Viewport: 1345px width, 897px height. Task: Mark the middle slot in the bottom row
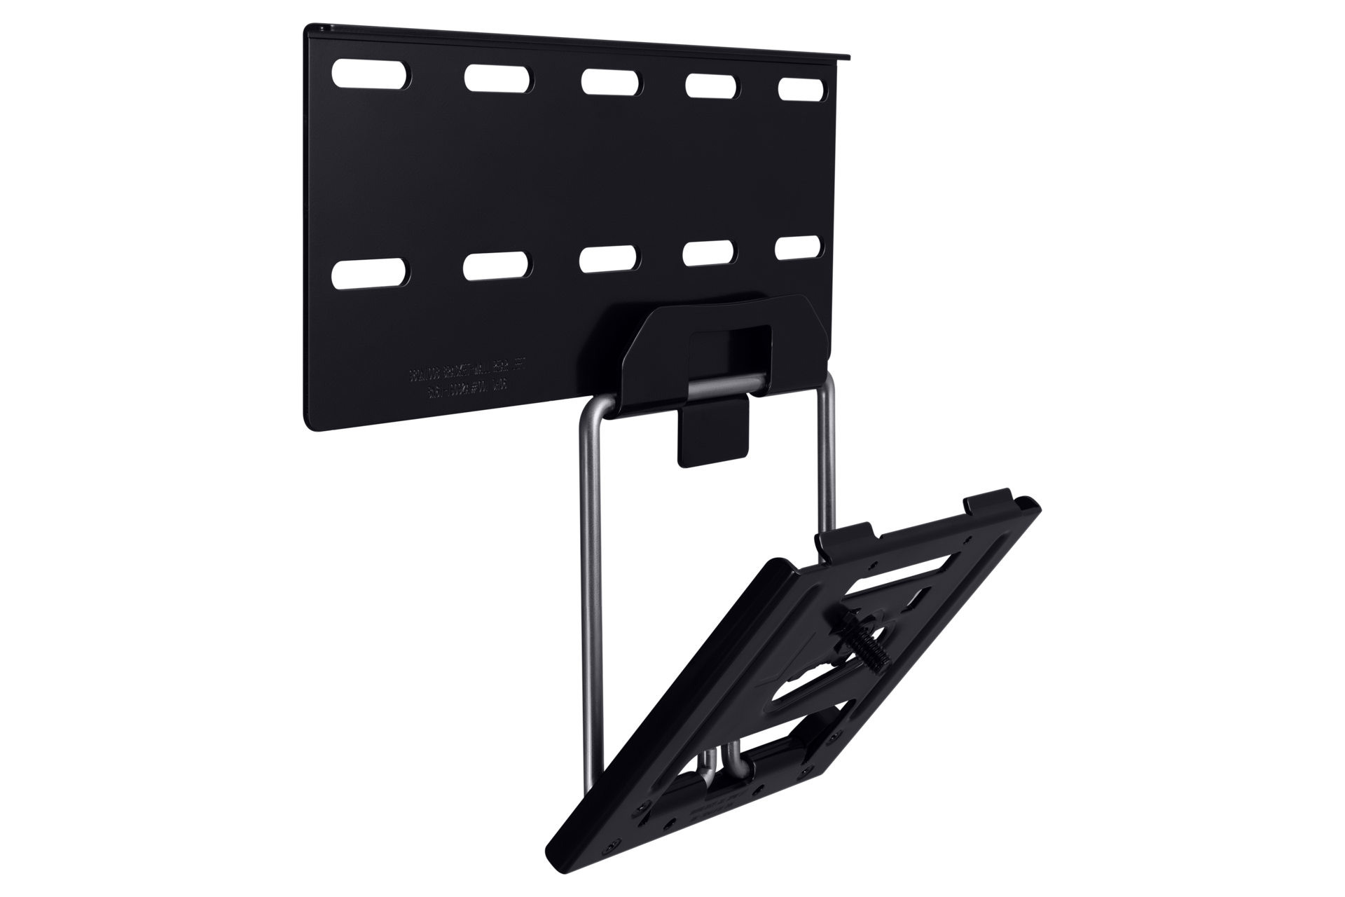coord(610,259)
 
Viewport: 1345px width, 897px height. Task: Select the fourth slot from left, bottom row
coord(712,252)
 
